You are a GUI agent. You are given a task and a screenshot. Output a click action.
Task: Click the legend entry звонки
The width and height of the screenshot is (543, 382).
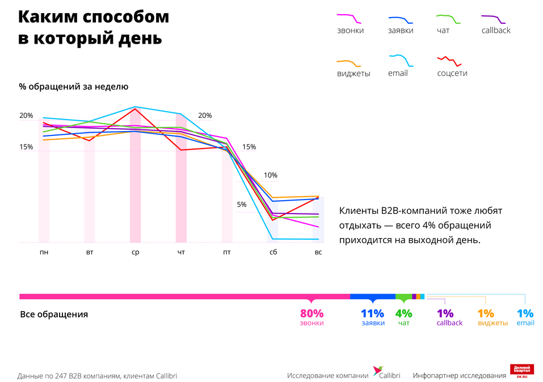pyautogui.click(x=350, y=31)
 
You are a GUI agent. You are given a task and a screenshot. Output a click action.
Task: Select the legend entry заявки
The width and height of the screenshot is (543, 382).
pyautogui.click(x=401, y=31)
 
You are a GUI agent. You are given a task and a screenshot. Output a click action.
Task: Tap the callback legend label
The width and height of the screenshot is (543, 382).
pyautogui.click(x=495, y=31)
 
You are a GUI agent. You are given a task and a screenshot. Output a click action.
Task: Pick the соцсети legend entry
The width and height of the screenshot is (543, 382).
pyautogui.click(x=452, y=73)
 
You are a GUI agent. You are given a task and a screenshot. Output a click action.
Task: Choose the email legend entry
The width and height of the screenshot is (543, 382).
pyautogui.click(x=398, y=73)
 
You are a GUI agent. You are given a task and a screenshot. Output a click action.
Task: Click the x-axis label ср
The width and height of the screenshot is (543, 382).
pyautogui.click(x=135, y=252)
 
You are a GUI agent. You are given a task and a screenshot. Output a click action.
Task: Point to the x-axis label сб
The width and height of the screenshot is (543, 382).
pyautogui.click(x=273, y=252)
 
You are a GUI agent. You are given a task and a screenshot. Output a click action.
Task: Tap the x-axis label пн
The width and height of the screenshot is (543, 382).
pyautogui.click(x=44, y=252)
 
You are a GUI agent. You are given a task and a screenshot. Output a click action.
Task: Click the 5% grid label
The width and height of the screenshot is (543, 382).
pyautogui.click(x=242, y=205)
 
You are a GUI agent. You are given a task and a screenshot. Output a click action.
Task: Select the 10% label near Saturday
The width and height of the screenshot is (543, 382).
pyautogui.click(x=271, y=175)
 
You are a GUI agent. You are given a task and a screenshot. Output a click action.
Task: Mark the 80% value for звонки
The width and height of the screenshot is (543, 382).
pyautogui.click(x=312, y=313)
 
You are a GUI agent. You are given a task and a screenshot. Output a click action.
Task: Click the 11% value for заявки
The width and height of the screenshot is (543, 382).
pyautogui.click(x=372, y=313)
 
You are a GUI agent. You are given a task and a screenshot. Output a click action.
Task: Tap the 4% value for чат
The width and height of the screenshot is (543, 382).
pyautogui.click(x=403, y=313)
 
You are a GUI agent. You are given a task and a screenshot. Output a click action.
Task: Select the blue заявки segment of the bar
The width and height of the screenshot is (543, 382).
pyautogui.click(x=372, y=296)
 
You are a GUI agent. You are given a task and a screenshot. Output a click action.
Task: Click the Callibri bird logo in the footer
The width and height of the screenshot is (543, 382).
pyautogui.click(x=377, y=372)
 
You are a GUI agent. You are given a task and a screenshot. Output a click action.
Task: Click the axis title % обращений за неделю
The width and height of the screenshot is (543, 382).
pyautogui.click(x=74, y=87)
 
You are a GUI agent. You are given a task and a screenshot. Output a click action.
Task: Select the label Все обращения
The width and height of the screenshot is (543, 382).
pyautogui.click(x=54, y=314)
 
